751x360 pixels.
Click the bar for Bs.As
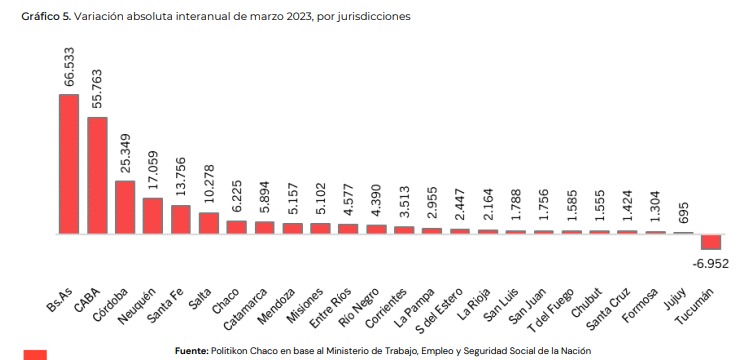(69, 164)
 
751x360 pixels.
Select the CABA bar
(97, 175)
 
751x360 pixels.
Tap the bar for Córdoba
(125, 207)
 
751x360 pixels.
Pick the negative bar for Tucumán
(711, 242)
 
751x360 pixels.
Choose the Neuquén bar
(153, 216)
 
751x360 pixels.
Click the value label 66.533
(69, 67)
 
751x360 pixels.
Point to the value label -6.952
(711, 263)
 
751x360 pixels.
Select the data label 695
(683, 217)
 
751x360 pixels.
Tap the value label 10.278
(208, 185)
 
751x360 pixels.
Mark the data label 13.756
(181, 177)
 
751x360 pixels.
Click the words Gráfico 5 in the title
(46, 17)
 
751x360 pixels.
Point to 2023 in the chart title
(298, 16)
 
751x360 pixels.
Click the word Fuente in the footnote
(192, 351)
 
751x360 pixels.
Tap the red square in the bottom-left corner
(35, 355)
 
